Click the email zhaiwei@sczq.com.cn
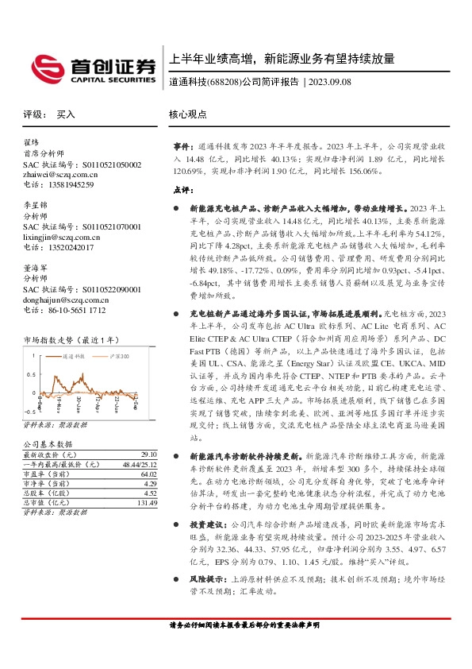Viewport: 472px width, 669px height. (x=60, y=174)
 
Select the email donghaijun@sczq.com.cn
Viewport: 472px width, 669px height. (x=66, y=300)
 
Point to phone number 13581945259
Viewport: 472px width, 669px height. (x=70, y=184)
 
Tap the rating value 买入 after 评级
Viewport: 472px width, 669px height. (x=65, y=114)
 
